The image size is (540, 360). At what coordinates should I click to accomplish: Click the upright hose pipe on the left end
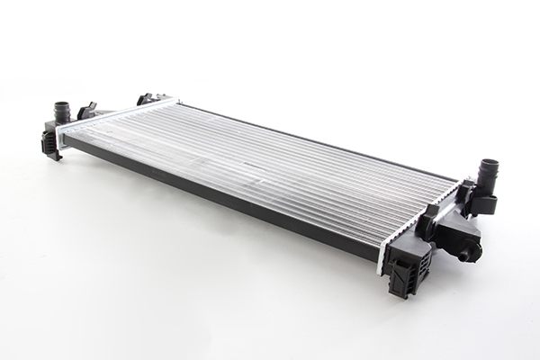62,112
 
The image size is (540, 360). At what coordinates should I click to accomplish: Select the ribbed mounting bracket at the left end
50,144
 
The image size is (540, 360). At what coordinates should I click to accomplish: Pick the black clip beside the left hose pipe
86,111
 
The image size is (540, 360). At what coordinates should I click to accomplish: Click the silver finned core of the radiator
270,171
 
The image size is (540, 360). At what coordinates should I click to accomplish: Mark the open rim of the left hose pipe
62,105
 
